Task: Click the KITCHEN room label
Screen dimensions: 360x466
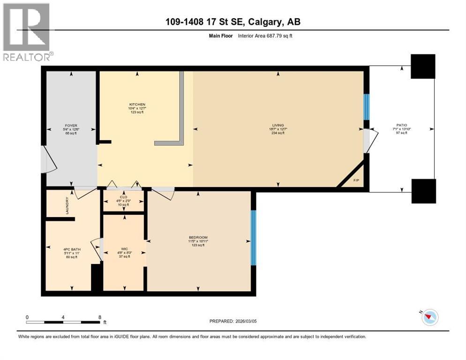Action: (x=137, y=105)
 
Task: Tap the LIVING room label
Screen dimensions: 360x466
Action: (x=278, y=125)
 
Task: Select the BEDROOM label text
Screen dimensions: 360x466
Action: (x=198, y=238)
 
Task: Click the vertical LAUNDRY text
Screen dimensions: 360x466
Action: (x=68, y=205)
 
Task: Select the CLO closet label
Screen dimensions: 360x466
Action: (x=124, y=197)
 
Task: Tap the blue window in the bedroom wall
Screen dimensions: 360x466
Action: (x=253, y=237)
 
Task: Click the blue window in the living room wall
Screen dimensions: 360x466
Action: (x=367, y=107)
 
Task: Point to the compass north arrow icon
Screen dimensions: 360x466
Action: (x=429, y=317)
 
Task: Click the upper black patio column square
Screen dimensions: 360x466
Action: (x=423, y=66)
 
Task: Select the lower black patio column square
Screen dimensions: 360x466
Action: (x=423, y=191)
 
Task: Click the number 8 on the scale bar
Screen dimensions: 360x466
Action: (x=100, y=316)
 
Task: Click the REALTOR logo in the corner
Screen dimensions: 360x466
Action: (x=27, y=32)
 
